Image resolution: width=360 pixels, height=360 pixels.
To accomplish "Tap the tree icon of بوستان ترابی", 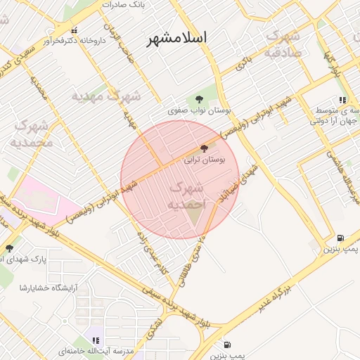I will [x=205, y=148].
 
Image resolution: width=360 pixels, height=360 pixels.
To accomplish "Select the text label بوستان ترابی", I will [x=205, y=160].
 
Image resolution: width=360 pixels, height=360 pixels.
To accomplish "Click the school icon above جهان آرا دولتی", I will [x=342, y=101].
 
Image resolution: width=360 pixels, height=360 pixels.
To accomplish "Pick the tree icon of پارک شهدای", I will [x=9, y=248].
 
